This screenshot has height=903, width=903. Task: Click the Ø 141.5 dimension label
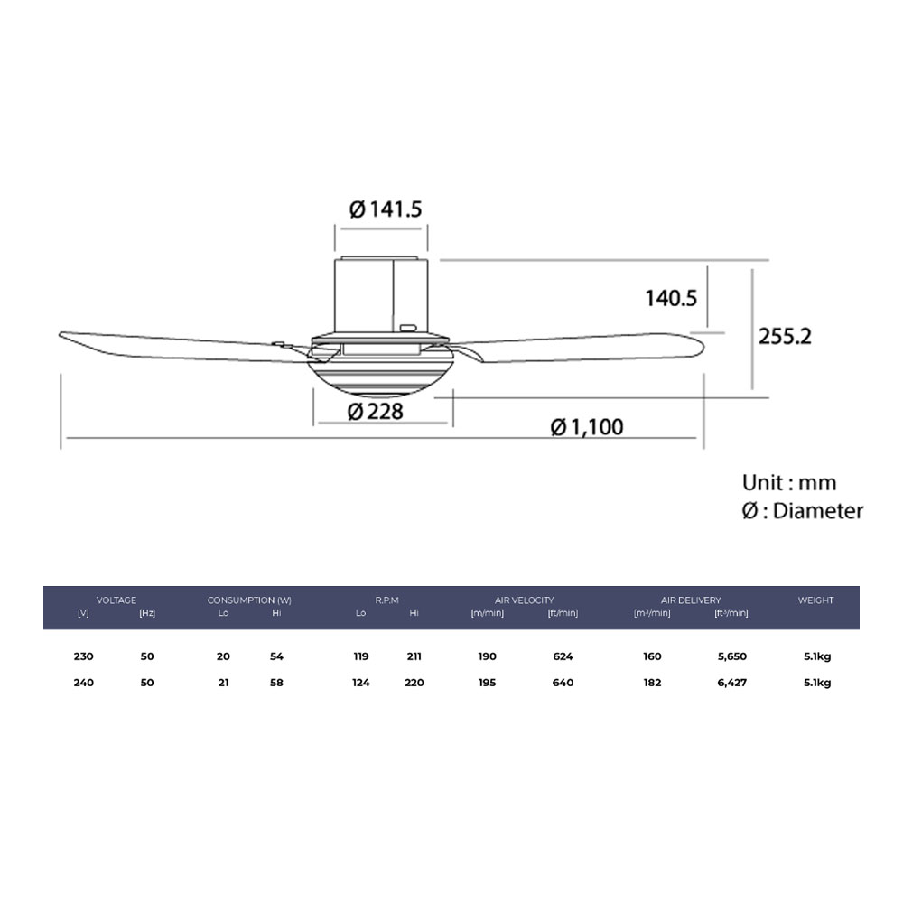pos(386,209)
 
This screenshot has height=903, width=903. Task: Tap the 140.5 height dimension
pos(670,297)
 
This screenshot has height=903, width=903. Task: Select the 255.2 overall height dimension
pos(785,336)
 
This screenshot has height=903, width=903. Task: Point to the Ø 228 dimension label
pos(374,412)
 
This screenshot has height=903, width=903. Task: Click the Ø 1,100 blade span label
pos(587,426)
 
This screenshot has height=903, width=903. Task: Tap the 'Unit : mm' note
pos(789,482)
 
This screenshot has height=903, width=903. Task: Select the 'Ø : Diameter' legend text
pos(802,511)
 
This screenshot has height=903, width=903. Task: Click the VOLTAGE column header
pos(116,600)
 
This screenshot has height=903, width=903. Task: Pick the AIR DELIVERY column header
pos(691,600)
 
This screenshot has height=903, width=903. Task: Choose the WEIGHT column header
pos(815,600)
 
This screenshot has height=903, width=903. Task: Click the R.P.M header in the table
pos(387,600)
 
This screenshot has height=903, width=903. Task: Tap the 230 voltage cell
pos(83,656)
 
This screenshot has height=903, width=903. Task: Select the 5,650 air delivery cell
pos(731,656)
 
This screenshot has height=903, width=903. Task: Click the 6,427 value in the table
pos(731,683)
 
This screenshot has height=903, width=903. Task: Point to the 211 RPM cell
pos(414,656)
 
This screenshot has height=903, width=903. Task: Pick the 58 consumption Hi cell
pos(276,683)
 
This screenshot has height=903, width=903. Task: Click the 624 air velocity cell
pos(563,656)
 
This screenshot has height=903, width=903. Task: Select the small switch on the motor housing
pos(408,328)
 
